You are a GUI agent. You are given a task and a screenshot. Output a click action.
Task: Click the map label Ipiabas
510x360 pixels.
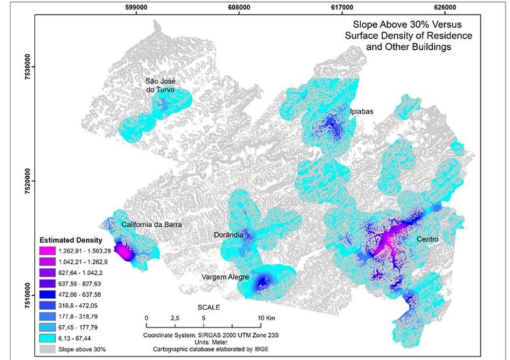(361, 112)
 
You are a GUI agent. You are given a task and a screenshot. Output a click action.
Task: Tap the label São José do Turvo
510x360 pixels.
(160, 85)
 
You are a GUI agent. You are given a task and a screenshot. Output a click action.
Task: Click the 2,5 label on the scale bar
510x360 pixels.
(174, 317)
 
